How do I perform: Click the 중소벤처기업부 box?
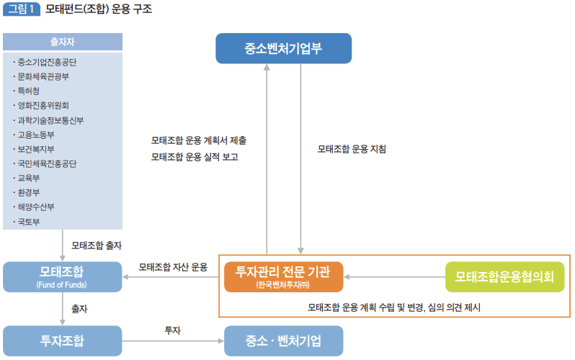tap(284, 49)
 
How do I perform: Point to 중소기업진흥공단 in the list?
tap(47, 62)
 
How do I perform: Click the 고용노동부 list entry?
tap(37, 135)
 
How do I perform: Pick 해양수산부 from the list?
tap(37, 207)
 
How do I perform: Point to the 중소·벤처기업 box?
tap(283, 340)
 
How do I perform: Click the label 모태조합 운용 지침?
tap(352, 150)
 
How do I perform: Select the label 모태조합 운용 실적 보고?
tap(195, 157)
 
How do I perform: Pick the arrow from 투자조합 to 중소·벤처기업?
tap(173, 340)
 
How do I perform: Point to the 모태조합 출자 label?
tap(97, 246)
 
